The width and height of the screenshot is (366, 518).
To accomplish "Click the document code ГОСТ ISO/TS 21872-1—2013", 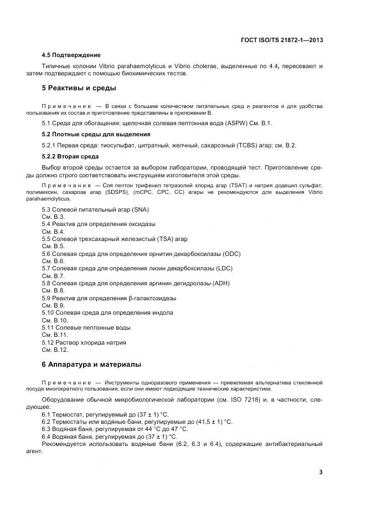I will tap(282, 40).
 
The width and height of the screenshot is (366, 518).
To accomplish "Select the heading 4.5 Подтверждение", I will tap(71, 55).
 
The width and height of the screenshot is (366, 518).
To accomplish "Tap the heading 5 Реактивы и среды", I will tap(79, 88).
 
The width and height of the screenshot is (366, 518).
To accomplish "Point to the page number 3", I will tap(321, 472).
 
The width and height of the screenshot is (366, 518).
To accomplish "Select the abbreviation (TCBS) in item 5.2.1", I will tap(246, 145).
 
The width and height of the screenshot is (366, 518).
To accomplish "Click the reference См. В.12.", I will tap(55, 350).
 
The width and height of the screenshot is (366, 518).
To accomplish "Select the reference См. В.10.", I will tap(55, 320).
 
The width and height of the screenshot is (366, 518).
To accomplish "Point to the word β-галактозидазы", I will tap(152, 298).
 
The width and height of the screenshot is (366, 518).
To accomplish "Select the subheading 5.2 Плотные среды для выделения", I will tap(96, 134).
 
